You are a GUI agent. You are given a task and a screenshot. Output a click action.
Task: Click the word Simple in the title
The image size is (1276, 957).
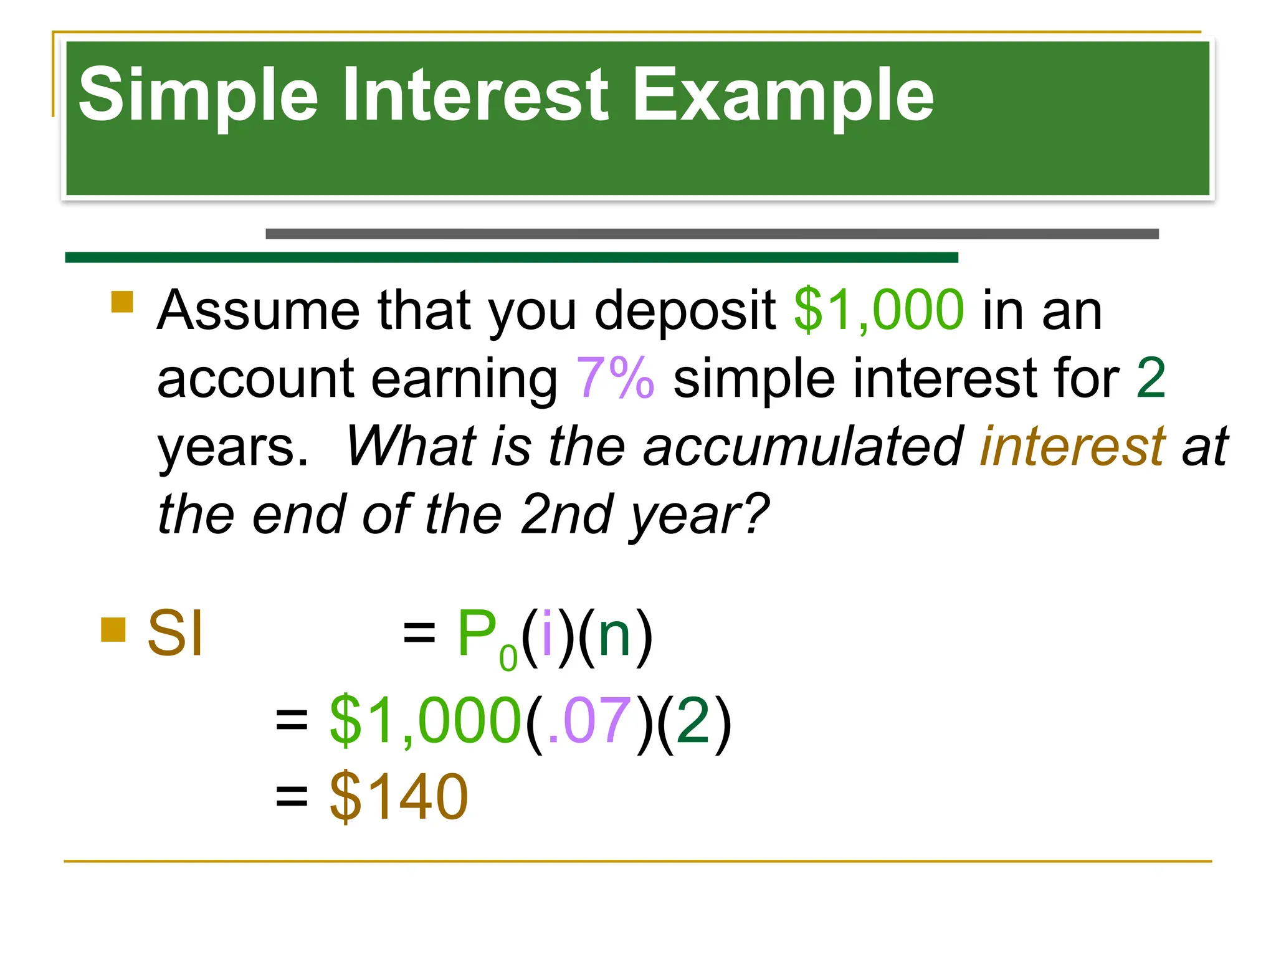pyautogui.click(x=198, y=95)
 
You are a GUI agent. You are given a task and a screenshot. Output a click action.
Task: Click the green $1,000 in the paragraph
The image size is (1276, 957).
pyautogui.click(x=879, y=310)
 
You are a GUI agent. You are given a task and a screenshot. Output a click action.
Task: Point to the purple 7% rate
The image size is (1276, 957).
pyautogui.click(x=615, y=378)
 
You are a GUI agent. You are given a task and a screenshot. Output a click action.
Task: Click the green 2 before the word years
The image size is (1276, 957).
pyautogui.click(x=1150, y=378)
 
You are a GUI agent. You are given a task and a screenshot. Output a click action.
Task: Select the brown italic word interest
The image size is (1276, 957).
pyautogui.click(x=1072, y=446)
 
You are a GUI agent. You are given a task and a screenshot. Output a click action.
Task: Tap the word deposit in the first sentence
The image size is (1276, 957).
pyautogui.click(x=685, y=310)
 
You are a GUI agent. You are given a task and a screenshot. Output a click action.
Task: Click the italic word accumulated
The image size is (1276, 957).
pyautogui.click(x=804, y=446)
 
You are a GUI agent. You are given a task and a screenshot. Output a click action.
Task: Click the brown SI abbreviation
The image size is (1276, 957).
pyautogui.click(x=175, y=634)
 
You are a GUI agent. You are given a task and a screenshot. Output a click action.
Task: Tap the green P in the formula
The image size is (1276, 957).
pyautogui.click(x=477, y=634)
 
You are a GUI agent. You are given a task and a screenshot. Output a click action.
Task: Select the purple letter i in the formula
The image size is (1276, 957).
pyautogui.click(x=548, y=634)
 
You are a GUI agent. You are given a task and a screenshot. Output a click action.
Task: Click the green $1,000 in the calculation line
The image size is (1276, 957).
pyautogui.click(x=425, y=721)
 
